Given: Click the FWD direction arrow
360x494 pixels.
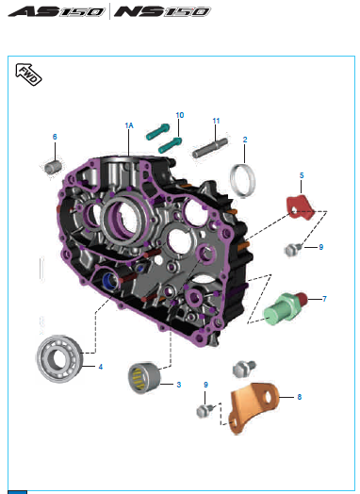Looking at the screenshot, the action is point(28,74).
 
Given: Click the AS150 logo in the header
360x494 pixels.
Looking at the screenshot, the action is point(57,11).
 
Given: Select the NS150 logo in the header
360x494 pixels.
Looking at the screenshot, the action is point(162,11).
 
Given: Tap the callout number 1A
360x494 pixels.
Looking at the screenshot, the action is point(129,125).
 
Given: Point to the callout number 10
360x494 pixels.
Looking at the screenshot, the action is point(180,115).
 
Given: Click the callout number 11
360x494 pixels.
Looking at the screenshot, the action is point(216,121).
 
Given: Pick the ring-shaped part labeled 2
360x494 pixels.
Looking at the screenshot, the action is point(242,181).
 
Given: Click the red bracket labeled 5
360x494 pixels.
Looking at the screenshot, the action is point(300,207).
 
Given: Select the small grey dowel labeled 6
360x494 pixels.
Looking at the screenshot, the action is point(53,167).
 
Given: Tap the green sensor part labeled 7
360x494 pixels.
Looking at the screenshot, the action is point(285,306).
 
